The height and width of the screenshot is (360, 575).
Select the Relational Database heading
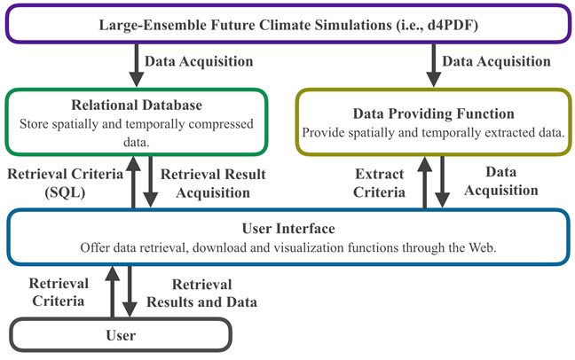(x=137, y=106)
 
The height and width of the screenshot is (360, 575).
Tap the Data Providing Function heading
(x=433, y=113)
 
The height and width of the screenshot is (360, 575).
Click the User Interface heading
(x=288, y=229)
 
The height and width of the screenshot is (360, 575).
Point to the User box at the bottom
(x=121, y=335)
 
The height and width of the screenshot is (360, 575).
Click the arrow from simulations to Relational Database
(x=137, y=66)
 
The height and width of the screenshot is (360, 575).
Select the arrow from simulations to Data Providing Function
(x=433, y=66)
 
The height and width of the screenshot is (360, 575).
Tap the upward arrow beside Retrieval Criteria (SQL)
(x=133, y=182)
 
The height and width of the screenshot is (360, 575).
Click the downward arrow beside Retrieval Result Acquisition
(x=150, y=182)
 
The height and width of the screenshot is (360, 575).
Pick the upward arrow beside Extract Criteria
(x=425, y=182)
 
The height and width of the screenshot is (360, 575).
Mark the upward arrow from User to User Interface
(x=112, y=292)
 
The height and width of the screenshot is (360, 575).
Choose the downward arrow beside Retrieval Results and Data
(x=130, y=292)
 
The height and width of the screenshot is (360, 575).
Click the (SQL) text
(x=65, y=192)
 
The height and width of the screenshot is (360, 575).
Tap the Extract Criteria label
(x=379, y=183)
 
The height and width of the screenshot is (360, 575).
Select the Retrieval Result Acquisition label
(x=213, y=184)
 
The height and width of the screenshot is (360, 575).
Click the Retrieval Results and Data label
(x=201, y=293)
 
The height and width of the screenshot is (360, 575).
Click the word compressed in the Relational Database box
(x=221, y=124)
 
